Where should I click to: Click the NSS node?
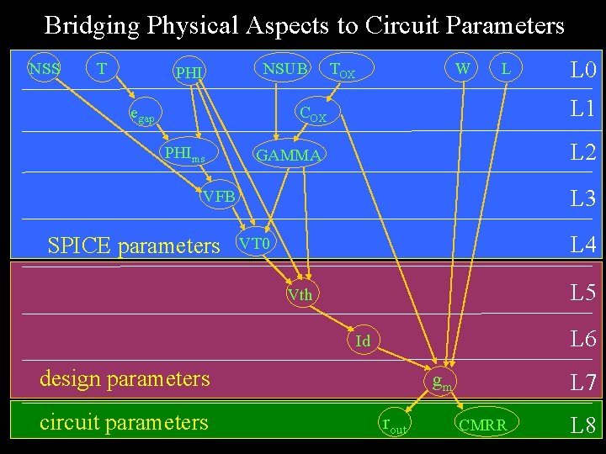pyautogui.click(x=43, y=68)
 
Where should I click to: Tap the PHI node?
pyautogui.click(x=189, y=74)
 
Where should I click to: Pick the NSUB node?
pyautogui.click(x=285, y=68)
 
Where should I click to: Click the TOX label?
pyautogui.click(x=342, y=71)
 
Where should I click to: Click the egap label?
pyautogui.click(x=141, y=114)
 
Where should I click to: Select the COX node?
pyautogui.click(x=313, y=113)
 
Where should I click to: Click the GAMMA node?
pyautogui.click(x=288, y=156)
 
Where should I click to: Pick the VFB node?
pyautogui.click(x=219, y=197)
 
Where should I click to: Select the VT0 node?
pyautogui.click(x=254, y=244)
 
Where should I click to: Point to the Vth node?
pyautogui.click(x=300, y=294)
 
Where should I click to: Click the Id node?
pyautogui.click(x=363, y=340)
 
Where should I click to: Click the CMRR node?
pyautogui.click(x=482, y=425)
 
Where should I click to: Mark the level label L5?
pyautogui.click(x=582, y=293)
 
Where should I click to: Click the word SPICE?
pyautogui.click(x=82, y=245)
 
